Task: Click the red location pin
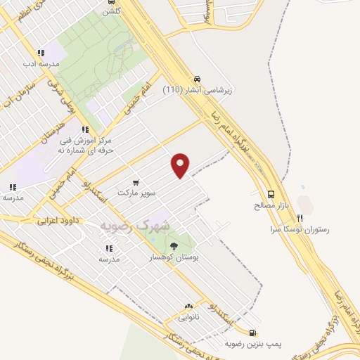pyautogui.click(x=181, y=164)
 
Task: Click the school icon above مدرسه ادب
pyautogui.click(x=41, y=52)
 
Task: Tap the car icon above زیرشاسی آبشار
pyautogui.click(x=198, y=79)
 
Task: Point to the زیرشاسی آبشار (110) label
pyautogui.click(x=198, y=90)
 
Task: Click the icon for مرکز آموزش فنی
pyautogui.click(x=85, y=129)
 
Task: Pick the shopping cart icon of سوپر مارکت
pyautogui.click(x=136, y=181)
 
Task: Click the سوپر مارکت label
pyautogui.click(x=136, y=192)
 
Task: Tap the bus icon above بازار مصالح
pyautogui.click(x=271, y=194)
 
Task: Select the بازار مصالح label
pyautogui.click(x=271, y=206)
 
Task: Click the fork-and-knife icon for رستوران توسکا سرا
pyautogui.click(x=300, y=218)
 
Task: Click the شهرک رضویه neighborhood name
pyautogui.click(x=136, y=225)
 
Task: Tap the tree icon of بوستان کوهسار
pyautogui.click(x=174, y=245)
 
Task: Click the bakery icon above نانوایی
pyautogui.click(x=188, y=307)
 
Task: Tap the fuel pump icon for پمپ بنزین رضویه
pyautogui.click(x=252, y=333)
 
